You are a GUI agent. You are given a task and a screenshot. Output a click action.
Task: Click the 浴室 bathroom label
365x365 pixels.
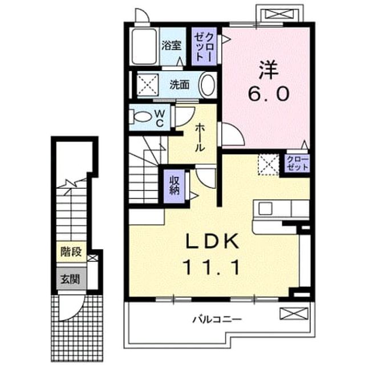[x=172, y=46]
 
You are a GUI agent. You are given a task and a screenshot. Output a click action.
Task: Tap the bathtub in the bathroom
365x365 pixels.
[x=144, y=46]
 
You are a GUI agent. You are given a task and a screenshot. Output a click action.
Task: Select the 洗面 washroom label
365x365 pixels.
[x=179, y=85]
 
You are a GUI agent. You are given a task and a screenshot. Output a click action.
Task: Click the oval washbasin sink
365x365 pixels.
[x=208, y=85]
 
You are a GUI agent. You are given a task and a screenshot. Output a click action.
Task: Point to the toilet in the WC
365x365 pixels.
[x=140, y=116]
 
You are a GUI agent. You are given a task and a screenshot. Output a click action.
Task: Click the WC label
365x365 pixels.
[x=160, y=118]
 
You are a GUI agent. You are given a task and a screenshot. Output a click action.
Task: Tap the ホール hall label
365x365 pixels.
[x=200, y=138]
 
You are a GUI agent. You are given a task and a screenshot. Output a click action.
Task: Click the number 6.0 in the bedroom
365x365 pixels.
[x=269, y=94]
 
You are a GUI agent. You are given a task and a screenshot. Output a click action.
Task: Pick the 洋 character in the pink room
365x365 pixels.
[x=269, y=69]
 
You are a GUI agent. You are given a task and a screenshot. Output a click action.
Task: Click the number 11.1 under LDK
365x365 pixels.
[x=212, y=267]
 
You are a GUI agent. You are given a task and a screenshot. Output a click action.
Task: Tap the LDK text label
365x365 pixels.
[x=212, y=241]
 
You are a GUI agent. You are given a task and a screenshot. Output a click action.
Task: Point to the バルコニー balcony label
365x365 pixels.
[x=217, y=319]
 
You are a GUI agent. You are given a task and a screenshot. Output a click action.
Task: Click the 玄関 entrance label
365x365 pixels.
[x=70, y=279]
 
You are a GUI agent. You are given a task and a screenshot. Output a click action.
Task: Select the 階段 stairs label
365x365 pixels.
[x=71, y=252]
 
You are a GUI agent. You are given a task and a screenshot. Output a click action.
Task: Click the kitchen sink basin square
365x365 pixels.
[x=265, y=208]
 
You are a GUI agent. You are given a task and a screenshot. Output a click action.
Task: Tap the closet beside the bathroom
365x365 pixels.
[x=204, y=46]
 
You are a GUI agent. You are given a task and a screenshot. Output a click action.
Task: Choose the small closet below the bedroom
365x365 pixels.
[x=297, y=164]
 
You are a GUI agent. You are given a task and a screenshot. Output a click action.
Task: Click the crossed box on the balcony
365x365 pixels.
[x=294, y=313]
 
